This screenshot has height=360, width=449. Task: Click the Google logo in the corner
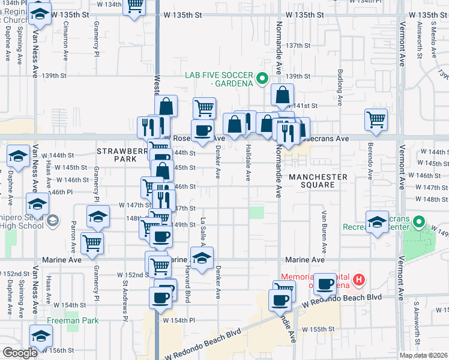(19, 353)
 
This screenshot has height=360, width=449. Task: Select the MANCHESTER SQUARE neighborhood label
(318, 181)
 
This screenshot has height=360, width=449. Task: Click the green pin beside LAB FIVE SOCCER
(262, 77)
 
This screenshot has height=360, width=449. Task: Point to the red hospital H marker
(358, 279)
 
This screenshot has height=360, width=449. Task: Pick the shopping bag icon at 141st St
(282, 94)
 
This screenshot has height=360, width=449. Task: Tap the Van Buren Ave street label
(324, 231)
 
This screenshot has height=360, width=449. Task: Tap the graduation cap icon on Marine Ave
(202, 257)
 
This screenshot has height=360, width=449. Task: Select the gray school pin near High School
(53, 221)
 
